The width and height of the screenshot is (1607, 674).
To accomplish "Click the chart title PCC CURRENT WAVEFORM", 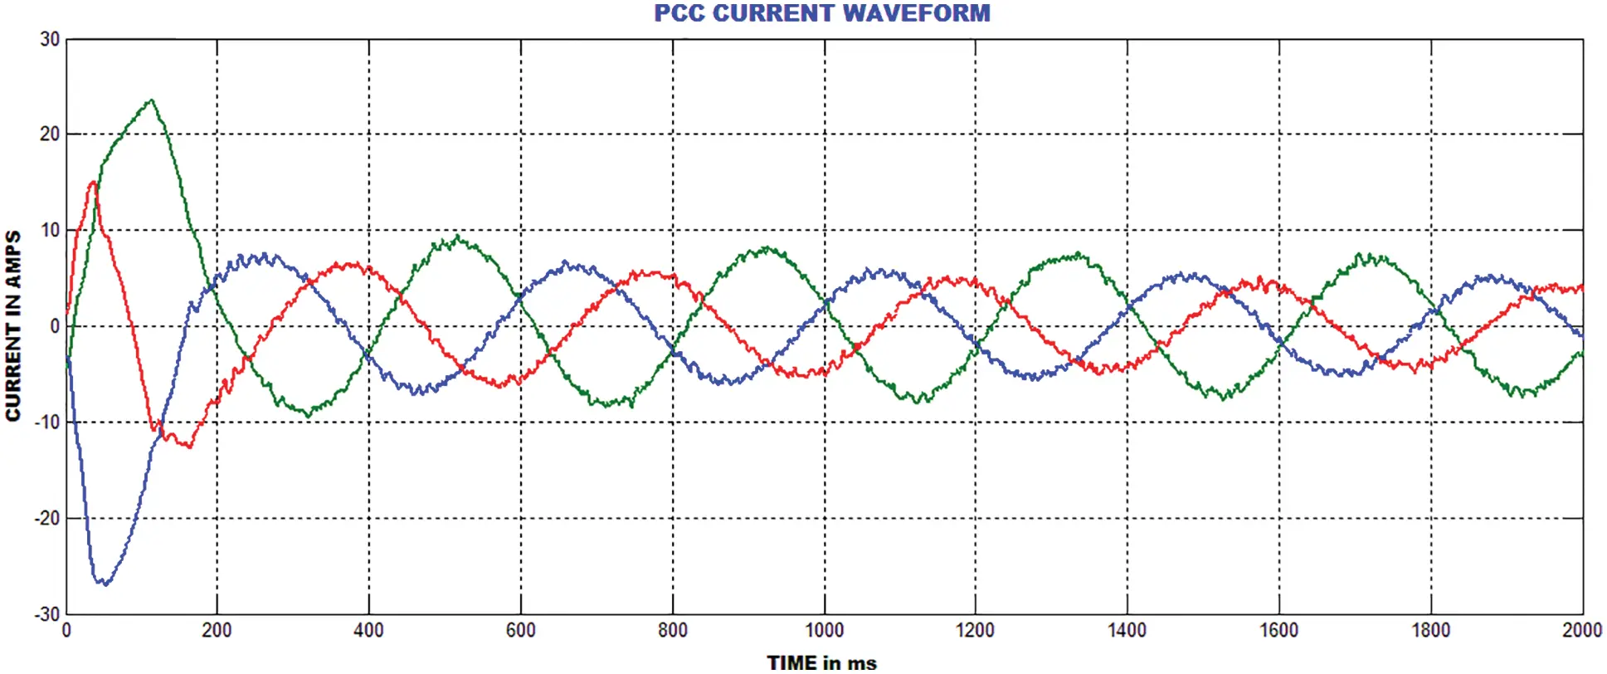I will coord(821,13).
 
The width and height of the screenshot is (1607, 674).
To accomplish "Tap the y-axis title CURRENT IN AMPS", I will coord(12,326).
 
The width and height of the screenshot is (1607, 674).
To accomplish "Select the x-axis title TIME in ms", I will coord(821,662).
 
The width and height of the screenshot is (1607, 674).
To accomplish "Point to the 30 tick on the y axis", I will coord(50,39).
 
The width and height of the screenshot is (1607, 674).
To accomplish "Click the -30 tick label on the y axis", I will coord(46,615).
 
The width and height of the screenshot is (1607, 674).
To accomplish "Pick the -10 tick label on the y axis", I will coord(46,422).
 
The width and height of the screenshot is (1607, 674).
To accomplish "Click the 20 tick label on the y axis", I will coord(50,134).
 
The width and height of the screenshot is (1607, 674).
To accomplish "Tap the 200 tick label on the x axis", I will coord(217,631).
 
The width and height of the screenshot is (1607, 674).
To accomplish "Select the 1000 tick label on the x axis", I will coord(824,631).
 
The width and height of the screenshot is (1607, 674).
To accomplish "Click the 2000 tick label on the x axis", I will coord(1581,631).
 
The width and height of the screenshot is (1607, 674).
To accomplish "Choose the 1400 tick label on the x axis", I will coord(1127,631).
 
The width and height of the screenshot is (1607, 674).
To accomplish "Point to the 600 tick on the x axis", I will coord(520,631).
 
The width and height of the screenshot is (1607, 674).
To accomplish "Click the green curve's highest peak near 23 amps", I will coord(151,100).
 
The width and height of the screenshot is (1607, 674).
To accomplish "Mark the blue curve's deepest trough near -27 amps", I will coord(104,584).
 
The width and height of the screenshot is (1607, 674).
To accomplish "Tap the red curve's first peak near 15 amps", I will coord(93,182).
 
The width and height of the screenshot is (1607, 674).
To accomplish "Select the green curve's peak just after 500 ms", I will coord(458,237).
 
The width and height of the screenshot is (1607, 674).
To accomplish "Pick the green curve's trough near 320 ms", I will coord(309,415).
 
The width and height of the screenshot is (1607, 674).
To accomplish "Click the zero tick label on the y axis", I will coord(55,326).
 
